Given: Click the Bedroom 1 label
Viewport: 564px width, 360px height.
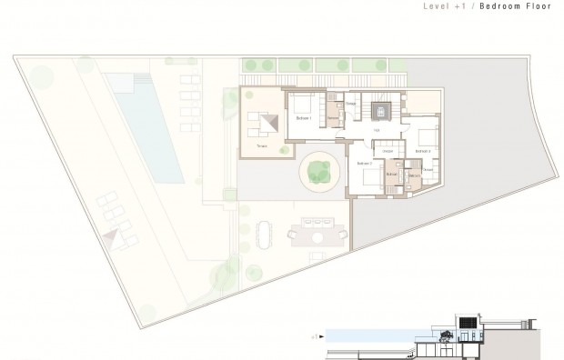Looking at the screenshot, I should click(x=304, y=118).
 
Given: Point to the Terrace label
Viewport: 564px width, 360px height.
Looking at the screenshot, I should click(x=261, y=145).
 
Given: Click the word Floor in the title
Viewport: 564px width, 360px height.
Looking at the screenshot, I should click(x=539, y=6).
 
